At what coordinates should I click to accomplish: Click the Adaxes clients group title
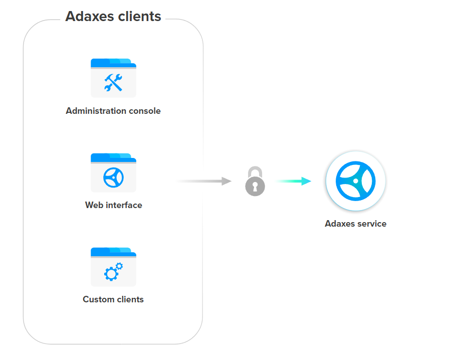(x=113, y=17)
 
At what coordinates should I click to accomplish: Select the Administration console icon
(x=113, y=78)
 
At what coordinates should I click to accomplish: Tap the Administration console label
(x=113, y=111)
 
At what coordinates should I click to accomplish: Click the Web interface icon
(x=113, y=172)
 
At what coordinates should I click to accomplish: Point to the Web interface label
(x=113, y=205)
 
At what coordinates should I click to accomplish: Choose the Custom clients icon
(x=113, y=267)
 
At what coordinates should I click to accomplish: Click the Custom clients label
(x=113, y=299)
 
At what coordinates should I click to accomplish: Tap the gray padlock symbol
(x=255, y=182)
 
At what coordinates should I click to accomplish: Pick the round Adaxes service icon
(x=356, y=181)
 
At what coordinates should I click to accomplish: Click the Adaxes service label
(x=356, y=224)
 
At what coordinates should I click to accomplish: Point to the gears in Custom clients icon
(x=113, y=271)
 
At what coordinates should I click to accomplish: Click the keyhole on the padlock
(x=255, y=187)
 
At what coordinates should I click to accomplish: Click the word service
(x=371, y=224)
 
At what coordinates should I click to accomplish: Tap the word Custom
(x=98, y=299)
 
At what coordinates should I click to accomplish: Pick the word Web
(x=94, y=205)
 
